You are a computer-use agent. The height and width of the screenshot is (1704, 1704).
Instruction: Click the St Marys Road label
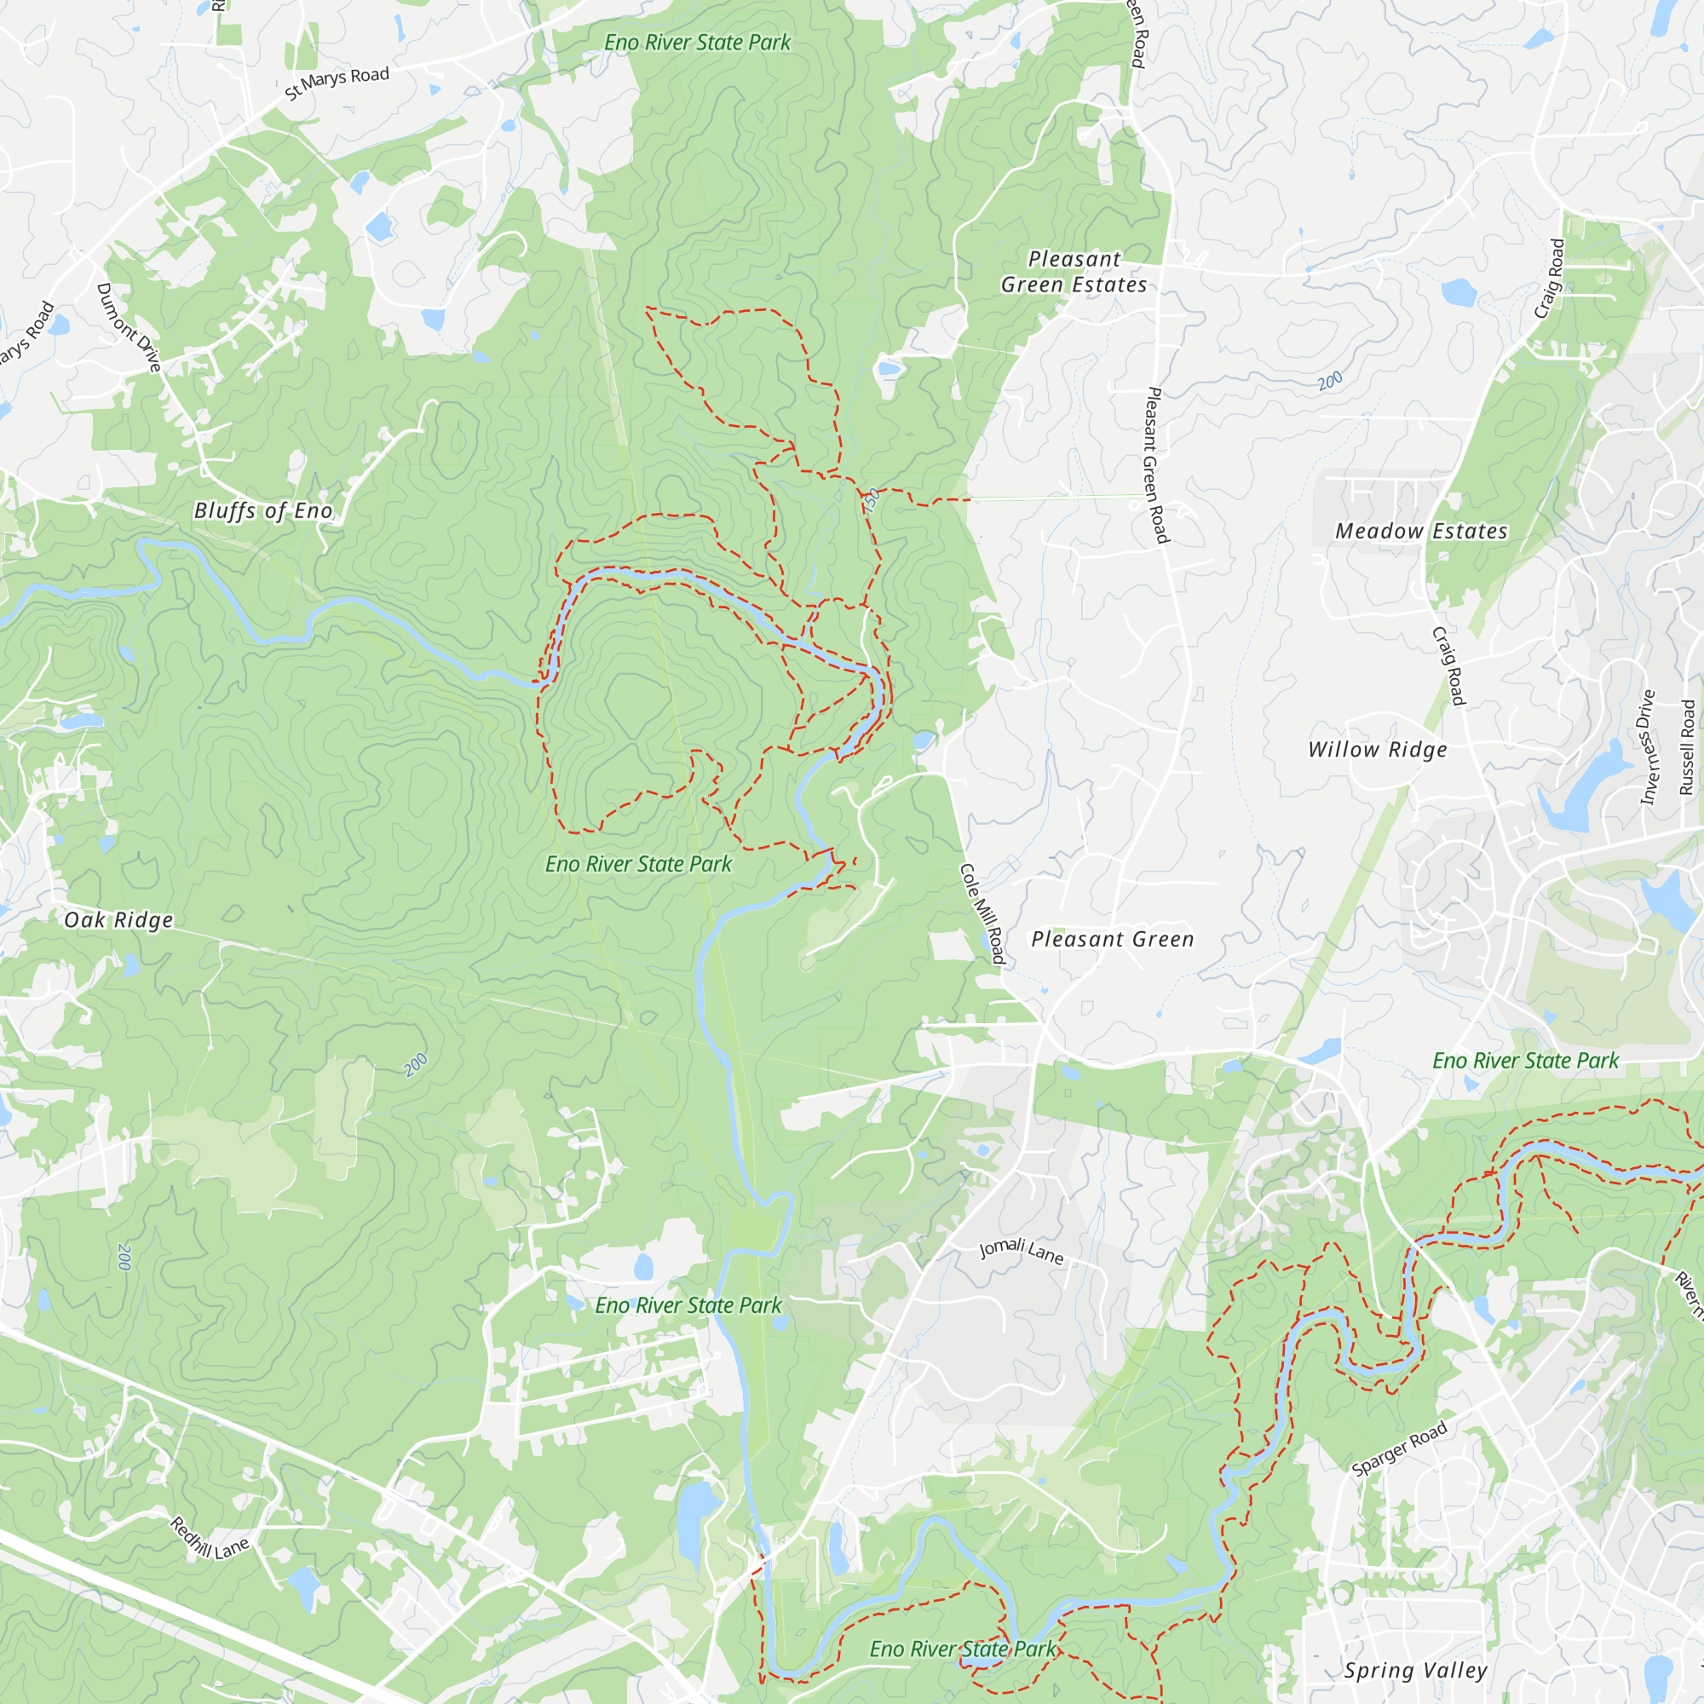point(337,82)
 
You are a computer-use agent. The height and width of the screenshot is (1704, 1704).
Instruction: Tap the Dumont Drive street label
point(129,327)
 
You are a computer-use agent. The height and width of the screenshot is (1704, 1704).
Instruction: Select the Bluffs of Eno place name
point(262,510)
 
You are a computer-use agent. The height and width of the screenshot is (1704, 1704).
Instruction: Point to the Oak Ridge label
point(118,920)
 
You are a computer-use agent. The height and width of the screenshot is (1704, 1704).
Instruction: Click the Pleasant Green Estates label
point(1074,272)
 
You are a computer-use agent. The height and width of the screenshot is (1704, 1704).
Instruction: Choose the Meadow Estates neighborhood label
point(1421,531)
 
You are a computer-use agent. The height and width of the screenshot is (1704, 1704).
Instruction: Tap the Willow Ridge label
point(1377,750)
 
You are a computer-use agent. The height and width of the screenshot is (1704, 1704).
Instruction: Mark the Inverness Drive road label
point(1648,746)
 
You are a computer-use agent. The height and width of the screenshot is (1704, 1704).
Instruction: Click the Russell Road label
point(1687,747)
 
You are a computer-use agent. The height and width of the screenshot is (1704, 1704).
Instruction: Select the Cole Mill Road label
point(982,913)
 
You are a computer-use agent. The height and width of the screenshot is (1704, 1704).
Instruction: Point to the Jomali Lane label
point(1022,1251)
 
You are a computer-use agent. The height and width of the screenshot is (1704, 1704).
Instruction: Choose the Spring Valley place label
point(1415,1671)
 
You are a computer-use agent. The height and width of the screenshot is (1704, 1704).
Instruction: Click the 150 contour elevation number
point(872,501)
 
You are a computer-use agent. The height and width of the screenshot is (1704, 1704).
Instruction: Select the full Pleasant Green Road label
point(1155,465)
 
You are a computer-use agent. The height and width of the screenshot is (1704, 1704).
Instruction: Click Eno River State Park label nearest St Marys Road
point(697,43)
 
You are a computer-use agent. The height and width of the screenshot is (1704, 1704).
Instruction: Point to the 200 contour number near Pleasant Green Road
point(1330,381)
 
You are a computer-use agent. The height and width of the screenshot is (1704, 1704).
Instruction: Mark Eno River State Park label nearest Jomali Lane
point(688,1305)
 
